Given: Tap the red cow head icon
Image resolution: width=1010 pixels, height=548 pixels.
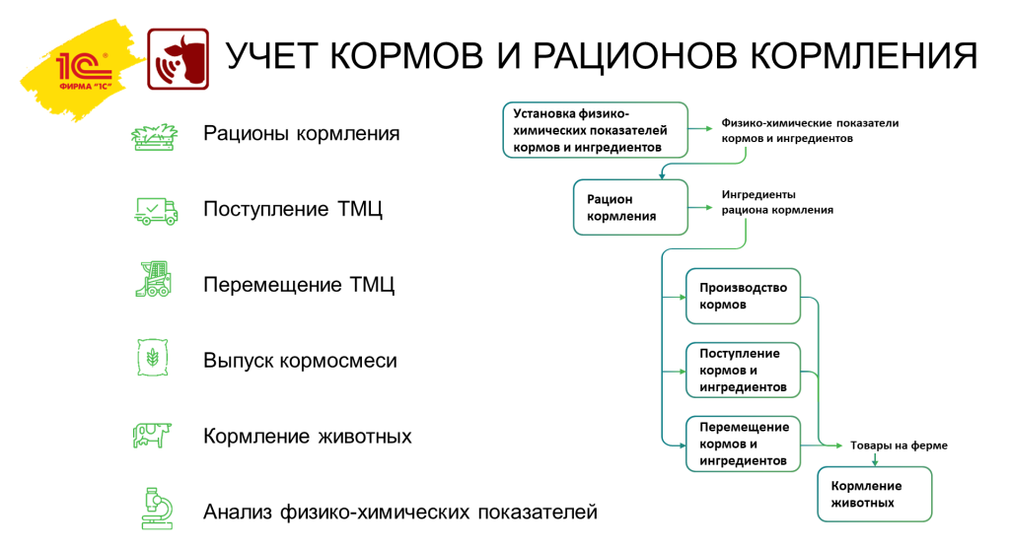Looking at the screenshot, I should (178, 59).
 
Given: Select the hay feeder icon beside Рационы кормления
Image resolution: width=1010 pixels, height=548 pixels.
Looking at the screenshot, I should (153, 135).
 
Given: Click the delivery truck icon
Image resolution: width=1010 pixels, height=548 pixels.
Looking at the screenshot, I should (155, 209).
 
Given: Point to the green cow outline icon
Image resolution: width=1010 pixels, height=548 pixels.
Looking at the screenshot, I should (152, 434).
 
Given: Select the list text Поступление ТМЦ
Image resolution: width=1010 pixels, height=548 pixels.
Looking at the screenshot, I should (292, 210).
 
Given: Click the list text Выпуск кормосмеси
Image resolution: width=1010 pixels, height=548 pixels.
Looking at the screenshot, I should (300, 362).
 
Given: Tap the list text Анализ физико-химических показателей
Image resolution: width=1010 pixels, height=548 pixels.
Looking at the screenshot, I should (399, 513).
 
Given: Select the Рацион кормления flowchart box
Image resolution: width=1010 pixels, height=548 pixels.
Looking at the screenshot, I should (631, 207).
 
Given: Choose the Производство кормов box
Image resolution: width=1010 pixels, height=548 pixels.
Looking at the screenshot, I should (743, 296).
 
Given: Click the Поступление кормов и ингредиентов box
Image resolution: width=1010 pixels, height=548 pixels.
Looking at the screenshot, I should (743, 370).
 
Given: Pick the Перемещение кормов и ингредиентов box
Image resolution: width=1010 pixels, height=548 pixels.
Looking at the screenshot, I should (743, 444).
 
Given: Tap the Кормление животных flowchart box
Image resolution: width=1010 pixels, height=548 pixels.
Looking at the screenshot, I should (874, 493).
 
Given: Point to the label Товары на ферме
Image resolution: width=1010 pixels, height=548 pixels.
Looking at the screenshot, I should (899, 445).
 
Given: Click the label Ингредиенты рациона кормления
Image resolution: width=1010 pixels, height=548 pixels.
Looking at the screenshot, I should (776, 202).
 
